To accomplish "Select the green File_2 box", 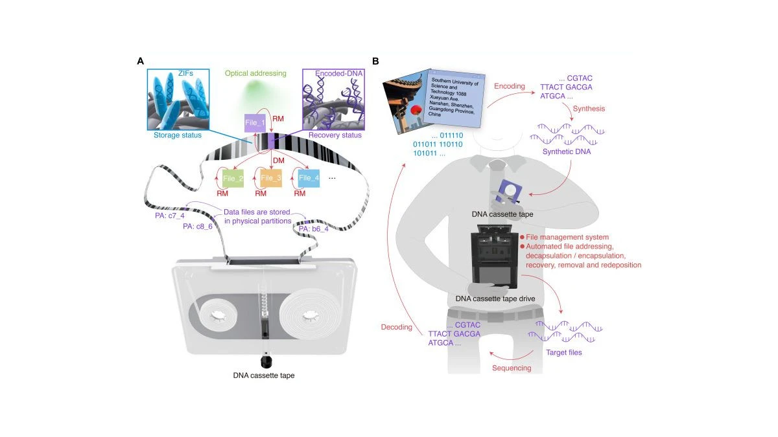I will point(231,178).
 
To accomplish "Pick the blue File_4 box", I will point(309,178).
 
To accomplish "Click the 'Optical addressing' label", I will point(250,74).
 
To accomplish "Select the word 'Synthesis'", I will point(588,109).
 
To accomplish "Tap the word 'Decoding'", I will point(397,327).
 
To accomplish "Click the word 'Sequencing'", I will point(512,368).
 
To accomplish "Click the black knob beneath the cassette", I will point(265,360).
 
